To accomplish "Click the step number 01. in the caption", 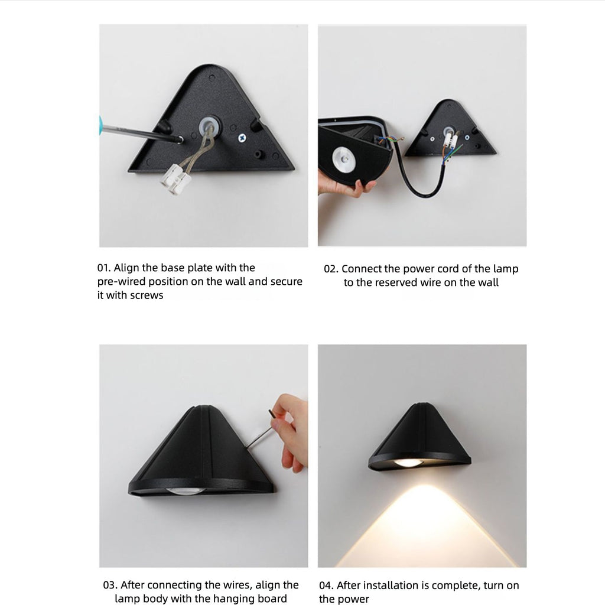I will click(105, 268).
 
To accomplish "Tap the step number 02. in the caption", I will click(331, 269).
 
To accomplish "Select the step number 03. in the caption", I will click(110, 585).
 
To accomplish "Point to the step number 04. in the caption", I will click(326, 586).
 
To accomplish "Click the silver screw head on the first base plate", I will click(242, 138).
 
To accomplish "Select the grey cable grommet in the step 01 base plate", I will click(209, 125).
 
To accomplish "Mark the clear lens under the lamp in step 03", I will click(186, 491).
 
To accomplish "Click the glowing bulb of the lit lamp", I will click(409, 463).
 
